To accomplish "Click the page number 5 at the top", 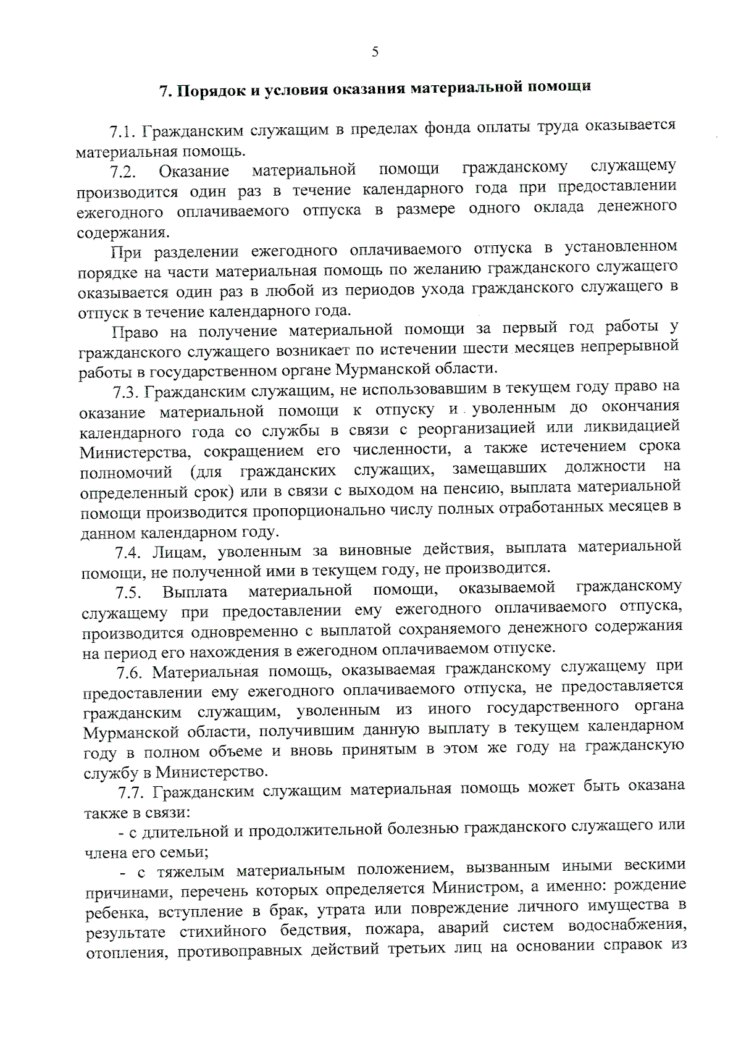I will [x=374, y=53].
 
